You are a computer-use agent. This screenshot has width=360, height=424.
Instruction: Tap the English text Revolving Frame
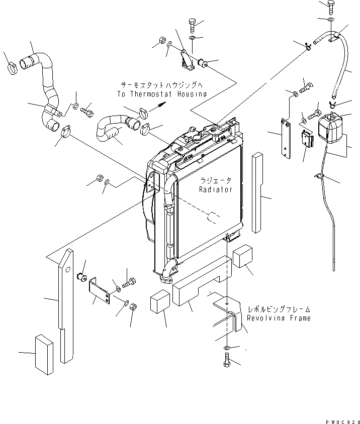click(276, 318)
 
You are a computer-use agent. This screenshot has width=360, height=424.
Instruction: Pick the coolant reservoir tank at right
click(330, 127)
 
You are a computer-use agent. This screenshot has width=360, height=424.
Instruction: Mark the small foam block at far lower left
click(44, 355)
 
